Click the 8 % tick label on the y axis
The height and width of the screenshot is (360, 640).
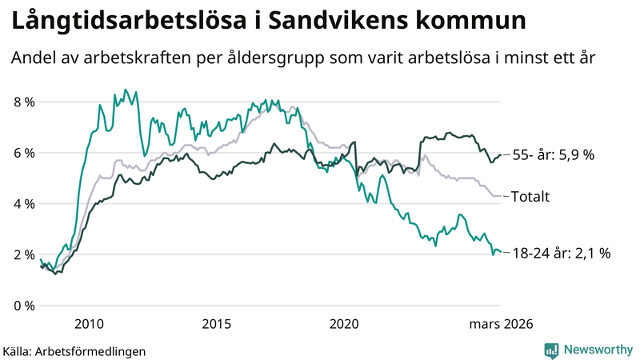click(x=23, y=102)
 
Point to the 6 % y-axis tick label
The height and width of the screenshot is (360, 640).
click(x=23, y=153)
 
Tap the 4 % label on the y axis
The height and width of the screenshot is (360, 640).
click(x=23, y=204)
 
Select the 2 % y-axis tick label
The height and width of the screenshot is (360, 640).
click(x=23, y=255)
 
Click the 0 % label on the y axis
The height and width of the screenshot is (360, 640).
click(x=23, y=306)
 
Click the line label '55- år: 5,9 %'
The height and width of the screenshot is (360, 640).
click(x=553, y=155)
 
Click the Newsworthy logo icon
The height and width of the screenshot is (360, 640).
click(x=551, y=350)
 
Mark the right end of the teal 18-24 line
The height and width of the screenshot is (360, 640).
click(x=501, y=253)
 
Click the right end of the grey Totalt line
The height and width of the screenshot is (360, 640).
click(x=501, y=195)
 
